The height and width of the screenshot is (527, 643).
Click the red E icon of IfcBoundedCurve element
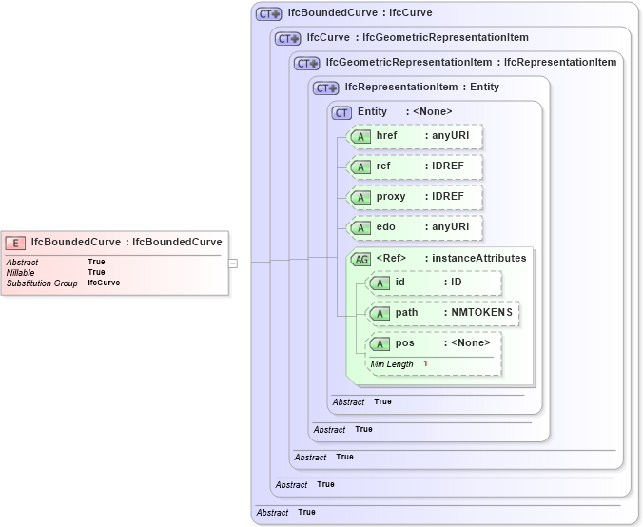point(16,242)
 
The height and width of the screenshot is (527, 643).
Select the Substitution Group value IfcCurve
point(104,283)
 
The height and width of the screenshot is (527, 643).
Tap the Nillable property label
point(20,272)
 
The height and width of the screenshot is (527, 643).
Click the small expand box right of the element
point(233,263)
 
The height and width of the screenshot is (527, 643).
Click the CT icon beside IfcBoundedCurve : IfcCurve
point(269,14)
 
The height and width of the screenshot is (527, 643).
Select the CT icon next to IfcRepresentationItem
point(326,88)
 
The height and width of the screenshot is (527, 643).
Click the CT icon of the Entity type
point(342,112)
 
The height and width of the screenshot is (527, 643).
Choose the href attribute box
point(417,136)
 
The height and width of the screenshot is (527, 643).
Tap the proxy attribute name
point(391,197)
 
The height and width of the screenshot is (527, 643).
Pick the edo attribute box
point(417,227)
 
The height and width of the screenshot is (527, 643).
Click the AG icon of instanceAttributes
point(361,259)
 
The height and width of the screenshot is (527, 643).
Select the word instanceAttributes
point(481,259)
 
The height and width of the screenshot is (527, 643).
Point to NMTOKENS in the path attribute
point(481,313)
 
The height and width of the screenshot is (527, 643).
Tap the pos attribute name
point(405,343)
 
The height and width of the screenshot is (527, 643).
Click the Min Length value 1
point(425,364)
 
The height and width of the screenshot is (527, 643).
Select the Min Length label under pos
point(392,364)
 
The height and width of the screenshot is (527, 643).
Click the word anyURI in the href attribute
point(451,136)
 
